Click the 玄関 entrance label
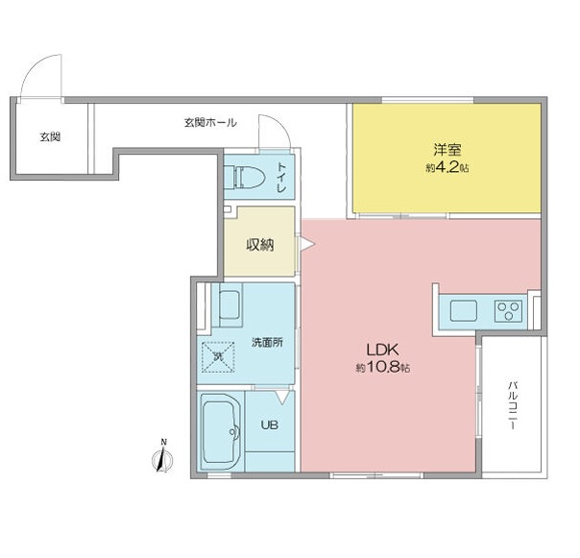50,137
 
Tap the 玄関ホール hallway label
209,123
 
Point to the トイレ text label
281,179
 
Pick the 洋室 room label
445,149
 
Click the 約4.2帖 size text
445,167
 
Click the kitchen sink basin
463,311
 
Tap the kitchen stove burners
507,310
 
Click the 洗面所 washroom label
266,343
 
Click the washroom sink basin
230,306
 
